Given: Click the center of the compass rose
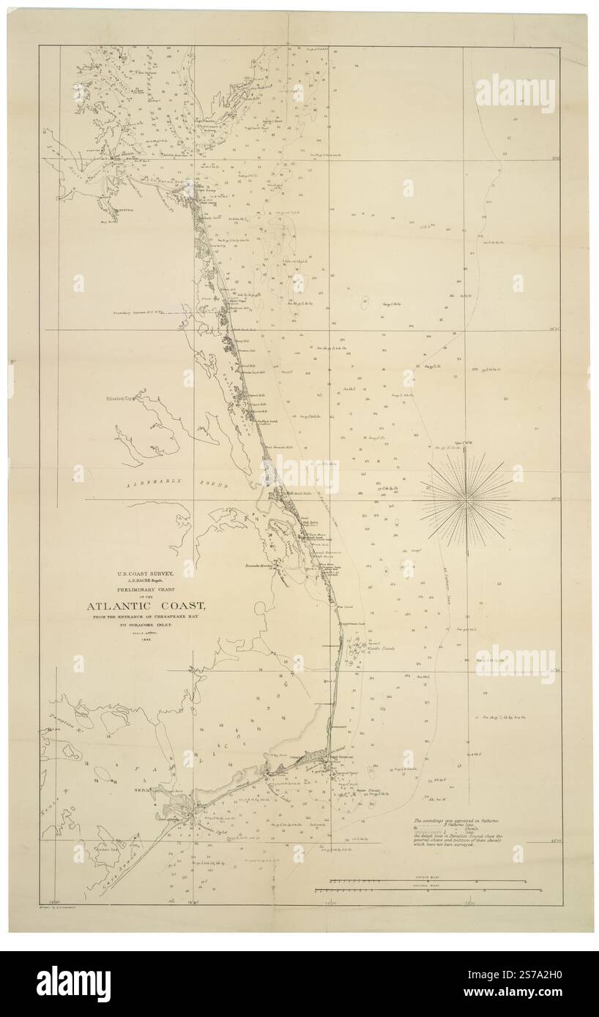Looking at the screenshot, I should click(466, 500).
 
